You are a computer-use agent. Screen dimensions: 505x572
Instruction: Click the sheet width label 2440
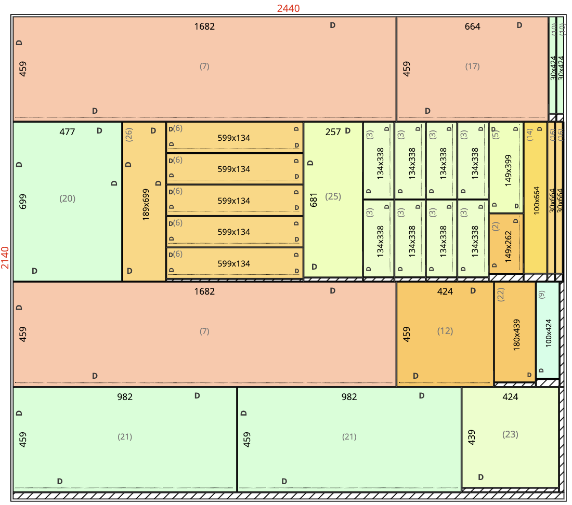coord(288,8)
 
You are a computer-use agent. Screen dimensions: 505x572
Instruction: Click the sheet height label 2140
coord(6,258)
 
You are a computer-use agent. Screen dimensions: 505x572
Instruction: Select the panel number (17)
coord(472,67)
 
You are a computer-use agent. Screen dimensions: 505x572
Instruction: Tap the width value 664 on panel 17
coord(472,26)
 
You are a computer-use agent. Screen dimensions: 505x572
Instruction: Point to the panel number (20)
coord(67,198)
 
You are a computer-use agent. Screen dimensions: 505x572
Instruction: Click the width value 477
coord(67,132)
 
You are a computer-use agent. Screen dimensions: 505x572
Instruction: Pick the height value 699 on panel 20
coord(22,202)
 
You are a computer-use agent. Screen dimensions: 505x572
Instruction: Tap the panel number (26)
coord(129,135)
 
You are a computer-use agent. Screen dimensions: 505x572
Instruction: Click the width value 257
coord(333,132)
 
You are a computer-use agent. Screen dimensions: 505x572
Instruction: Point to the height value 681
coord(314,200)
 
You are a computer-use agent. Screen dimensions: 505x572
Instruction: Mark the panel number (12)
coord(445,331)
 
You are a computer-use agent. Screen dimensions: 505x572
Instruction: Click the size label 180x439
coord(516,335)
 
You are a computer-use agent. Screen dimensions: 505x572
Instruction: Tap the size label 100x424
coord(549,333)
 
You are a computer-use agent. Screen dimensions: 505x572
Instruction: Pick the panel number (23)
coord(510,434)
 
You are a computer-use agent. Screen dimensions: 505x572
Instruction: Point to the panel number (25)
coord(333,196)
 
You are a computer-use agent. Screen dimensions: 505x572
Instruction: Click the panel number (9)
coord(541,295)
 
